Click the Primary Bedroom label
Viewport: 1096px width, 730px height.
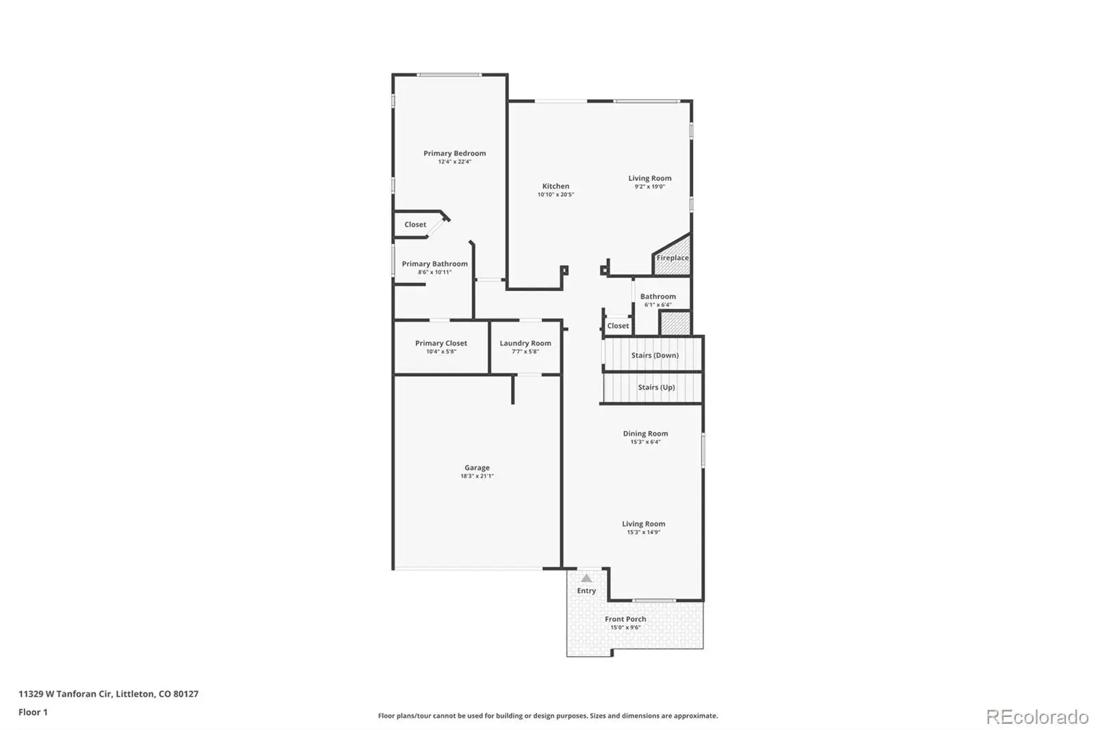click(455, 153)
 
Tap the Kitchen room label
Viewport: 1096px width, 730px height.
click(556, 186)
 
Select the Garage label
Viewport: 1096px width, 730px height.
click(477, 468)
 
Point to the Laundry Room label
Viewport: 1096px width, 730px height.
click(525, 343)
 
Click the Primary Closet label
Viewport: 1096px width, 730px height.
click(441, 343)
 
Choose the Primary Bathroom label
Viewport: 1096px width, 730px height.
click(434, 264)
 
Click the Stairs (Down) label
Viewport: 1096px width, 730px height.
click(655, 355)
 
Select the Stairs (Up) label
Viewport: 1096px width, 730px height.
click(656, 387)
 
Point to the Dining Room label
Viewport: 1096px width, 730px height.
click(645, 433)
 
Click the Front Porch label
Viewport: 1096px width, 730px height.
click(625, 619)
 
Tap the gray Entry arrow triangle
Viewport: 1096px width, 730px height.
click(586, 579)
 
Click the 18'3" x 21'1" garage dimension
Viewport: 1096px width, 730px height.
click(477, 476)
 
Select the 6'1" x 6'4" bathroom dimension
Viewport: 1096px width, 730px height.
click(658, 305)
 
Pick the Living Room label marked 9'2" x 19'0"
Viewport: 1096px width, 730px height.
click(650, 178)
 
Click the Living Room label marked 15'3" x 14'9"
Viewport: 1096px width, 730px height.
click(643, 523)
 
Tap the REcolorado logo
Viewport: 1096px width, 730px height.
click(1037, 717)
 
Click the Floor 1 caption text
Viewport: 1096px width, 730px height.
click(34, 712)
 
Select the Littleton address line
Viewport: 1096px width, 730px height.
click(109, 694)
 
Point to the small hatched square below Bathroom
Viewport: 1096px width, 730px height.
click(675, 323)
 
